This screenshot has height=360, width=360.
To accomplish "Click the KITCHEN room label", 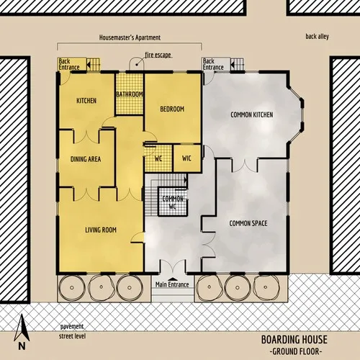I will point(86,101).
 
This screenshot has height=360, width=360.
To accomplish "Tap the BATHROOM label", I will point(130,94).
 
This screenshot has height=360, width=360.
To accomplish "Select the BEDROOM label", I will point(172,109).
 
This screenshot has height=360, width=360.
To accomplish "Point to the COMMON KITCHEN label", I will point(251,114).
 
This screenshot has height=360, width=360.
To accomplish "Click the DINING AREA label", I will point(86,159).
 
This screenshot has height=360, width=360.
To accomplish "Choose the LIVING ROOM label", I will point(101,230).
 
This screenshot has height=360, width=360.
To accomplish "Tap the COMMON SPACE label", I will point(248,223).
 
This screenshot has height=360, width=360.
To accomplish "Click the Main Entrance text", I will point(172,285).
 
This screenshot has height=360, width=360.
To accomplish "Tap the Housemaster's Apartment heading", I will point(130,37).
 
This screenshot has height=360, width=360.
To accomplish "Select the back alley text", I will point(317,36).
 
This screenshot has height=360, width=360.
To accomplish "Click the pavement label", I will point(72,326).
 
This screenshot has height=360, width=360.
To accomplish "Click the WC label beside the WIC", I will point(158,158).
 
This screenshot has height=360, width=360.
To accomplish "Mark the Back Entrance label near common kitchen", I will point(214,64).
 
